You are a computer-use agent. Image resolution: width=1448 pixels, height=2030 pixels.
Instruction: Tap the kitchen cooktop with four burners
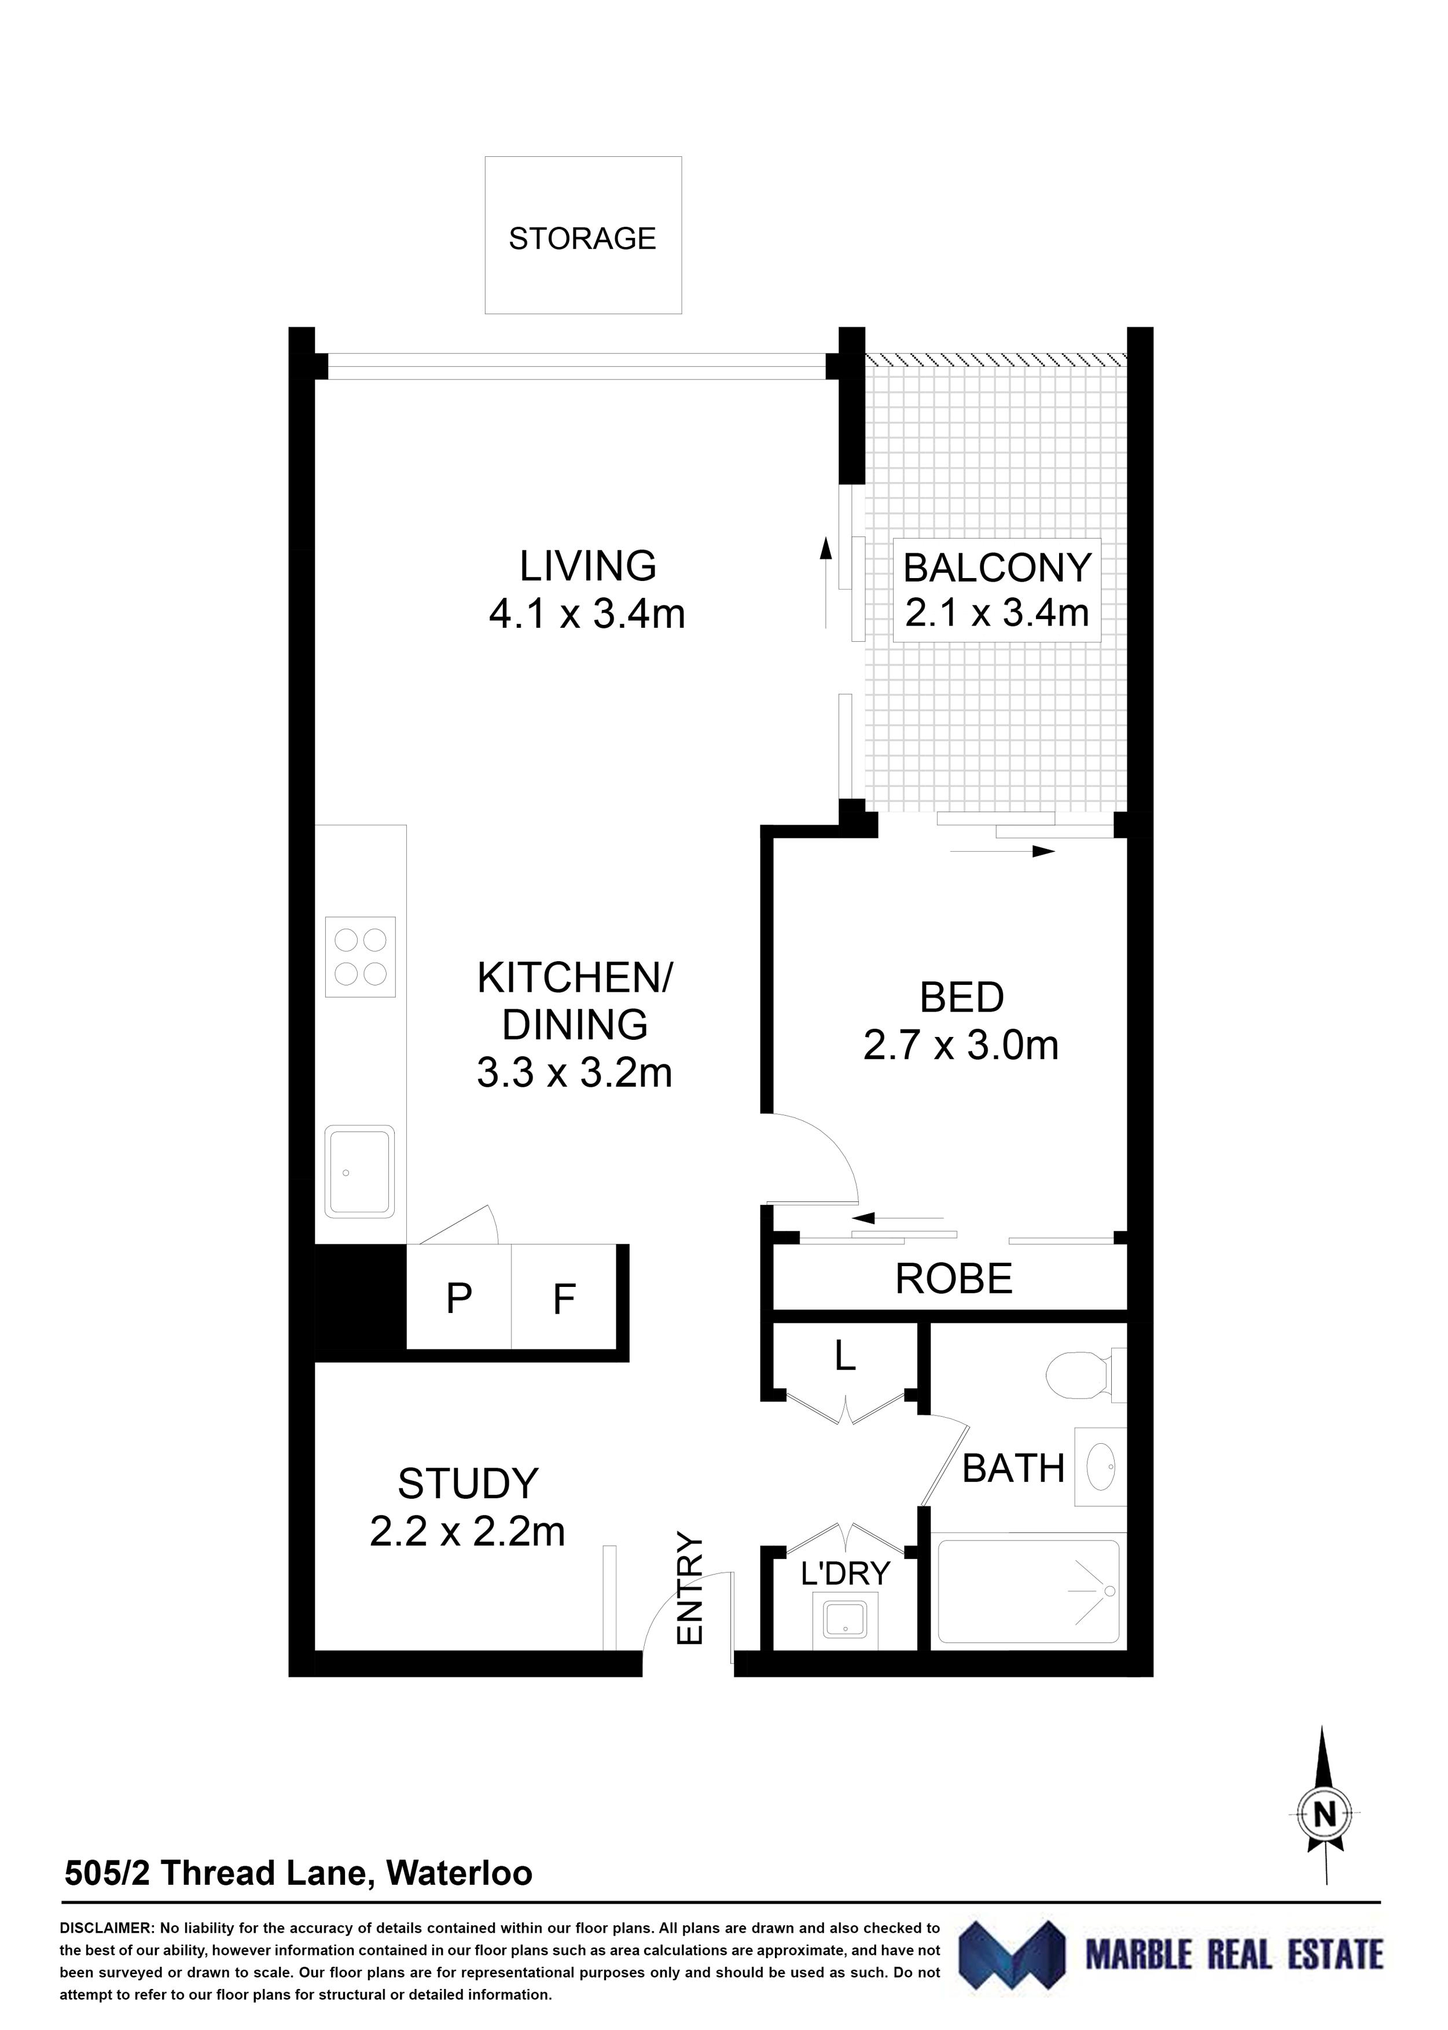tap(360, 957)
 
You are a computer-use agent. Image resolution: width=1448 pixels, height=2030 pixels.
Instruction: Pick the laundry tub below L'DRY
tap(844, 1618)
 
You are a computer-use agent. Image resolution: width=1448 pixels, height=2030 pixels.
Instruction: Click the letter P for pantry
tap(458, 1299)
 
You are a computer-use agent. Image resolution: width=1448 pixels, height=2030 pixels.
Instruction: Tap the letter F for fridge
tap(564, 1299)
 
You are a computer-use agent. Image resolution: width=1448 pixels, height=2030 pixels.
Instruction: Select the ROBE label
tap(953, 1279)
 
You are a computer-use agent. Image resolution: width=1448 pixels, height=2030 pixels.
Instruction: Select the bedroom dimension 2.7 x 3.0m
tap(961, 1045)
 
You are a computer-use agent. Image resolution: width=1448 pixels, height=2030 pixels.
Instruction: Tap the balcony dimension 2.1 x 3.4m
tap(997, 612)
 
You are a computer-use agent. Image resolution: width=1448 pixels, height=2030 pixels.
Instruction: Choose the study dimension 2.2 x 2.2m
tap(467, 1532)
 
